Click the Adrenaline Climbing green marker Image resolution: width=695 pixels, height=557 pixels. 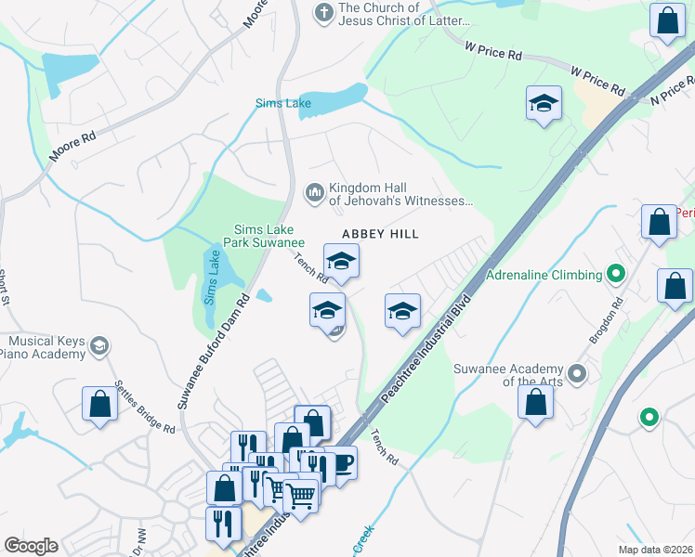click(x=614, y=274)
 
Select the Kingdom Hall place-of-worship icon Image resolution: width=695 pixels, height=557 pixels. click(x=313, y=192)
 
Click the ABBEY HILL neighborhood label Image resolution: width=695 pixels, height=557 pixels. click(x=380, y=234)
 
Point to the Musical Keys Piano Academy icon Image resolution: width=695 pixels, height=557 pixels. click(x=99, y=347)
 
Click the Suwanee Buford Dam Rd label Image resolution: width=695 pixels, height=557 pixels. click(x=213, y=352)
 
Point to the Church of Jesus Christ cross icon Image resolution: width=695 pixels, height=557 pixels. click(x=323, y=12)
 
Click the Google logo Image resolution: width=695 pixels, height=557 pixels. click(x=31, y=546)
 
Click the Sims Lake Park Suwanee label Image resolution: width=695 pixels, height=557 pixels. click(x=257, y=236)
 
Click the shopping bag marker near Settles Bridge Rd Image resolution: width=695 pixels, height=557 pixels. click(x=99, y=404)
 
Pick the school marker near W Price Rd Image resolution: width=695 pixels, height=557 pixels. click(x=544, y=104)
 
